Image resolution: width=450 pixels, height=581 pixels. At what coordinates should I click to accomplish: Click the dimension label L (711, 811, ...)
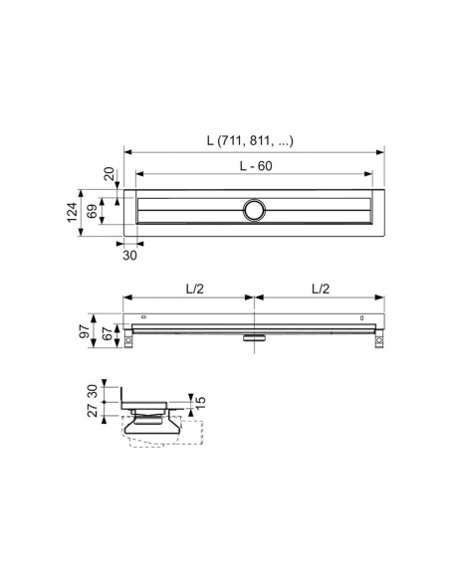pos(250,141)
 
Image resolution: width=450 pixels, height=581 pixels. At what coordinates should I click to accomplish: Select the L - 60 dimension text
pos(256,166)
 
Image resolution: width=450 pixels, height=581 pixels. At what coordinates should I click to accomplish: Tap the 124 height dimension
pos(73,212)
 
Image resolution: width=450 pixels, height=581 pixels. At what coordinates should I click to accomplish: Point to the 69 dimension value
pos(92,211)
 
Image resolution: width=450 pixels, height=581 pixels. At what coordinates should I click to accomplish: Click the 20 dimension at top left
pos(109,174)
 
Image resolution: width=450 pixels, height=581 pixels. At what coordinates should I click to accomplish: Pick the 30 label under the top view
pos(129,256)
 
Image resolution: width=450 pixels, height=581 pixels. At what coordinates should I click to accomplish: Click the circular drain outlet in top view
pos(254,210)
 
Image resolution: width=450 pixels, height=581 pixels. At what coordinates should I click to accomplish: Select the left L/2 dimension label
pos(194,289)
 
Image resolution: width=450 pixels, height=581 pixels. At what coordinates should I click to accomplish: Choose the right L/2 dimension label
pos(321,289)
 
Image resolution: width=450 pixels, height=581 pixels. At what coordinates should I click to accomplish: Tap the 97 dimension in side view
pos(85,330)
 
